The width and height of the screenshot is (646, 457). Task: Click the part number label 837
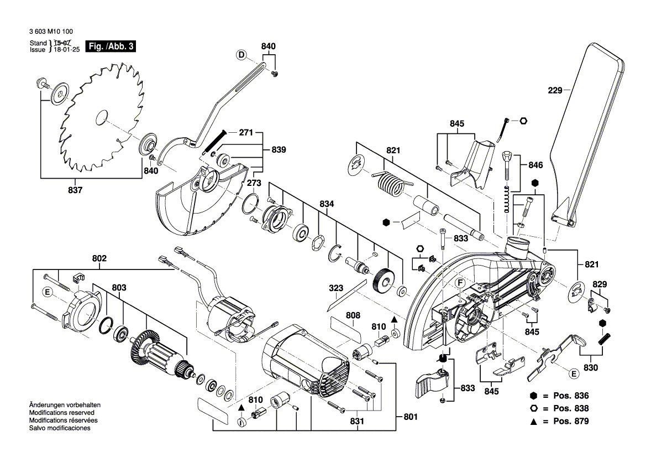coord(75,190)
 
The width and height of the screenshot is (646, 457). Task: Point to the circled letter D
coord(241,54)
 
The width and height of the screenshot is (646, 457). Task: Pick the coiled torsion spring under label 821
coord(391,183)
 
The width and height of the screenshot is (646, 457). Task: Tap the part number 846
coord(535,165)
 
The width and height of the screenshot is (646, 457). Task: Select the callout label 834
coord(327,205)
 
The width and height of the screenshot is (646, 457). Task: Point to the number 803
coord(119,288)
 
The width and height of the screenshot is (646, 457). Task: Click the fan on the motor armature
coord(146,347)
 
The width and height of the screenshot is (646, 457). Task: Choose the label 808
coord(353,315)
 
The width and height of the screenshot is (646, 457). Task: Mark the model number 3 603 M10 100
coord(50,32)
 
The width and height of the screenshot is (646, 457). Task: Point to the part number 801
coord(410,417)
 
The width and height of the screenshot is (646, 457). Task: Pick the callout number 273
coord(254,183)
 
